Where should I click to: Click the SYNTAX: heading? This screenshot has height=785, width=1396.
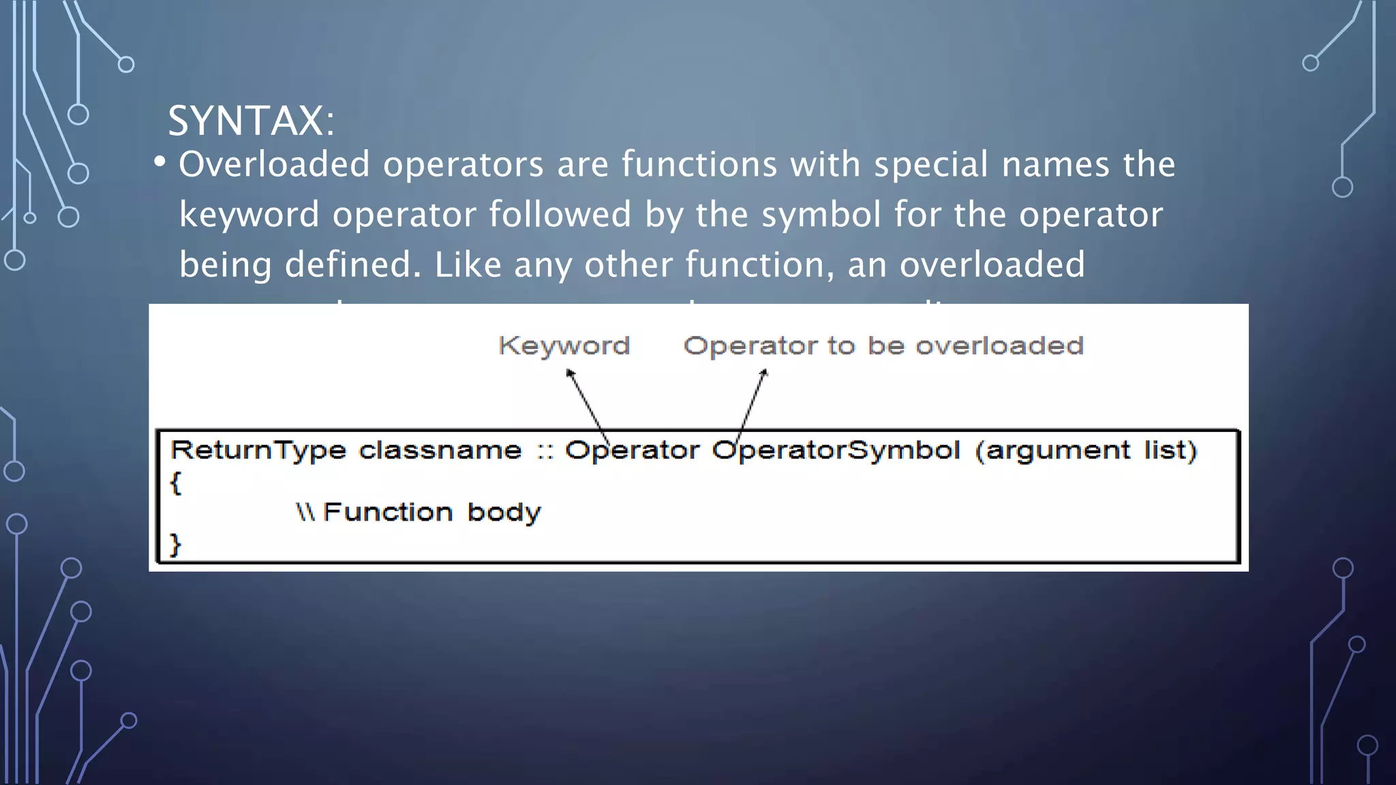pos(251,121)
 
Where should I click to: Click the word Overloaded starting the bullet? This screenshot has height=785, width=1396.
pos(274,164)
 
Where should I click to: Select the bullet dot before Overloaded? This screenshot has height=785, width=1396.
pos(160,162)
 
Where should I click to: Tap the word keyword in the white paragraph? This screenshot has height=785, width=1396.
pos(249,215)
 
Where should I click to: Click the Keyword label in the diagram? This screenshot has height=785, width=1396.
pos(564,345)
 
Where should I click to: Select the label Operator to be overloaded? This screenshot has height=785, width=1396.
pos(883,345)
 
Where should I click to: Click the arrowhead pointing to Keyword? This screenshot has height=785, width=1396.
pos(570,373)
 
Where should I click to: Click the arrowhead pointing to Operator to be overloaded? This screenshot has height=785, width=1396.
pos(764,373)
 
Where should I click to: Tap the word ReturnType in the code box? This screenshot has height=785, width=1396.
pos(258,450)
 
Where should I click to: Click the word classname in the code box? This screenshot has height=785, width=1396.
pos(440,450)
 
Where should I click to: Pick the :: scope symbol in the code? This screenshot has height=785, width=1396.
pos(544,451)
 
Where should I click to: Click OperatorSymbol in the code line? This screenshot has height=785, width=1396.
pos(836,450)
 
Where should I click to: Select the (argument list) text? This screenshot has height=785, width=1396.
pos(1086,450)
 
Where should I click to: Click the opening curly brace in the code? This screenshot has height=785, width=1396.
pos(175,482)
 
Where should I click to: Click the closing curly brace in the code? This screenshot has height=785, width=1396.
pos(175,544)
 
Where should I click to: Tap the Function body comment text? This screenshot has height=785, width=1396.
pos(431,512)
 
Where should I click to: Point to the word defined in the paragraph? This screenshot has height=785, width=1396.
pos(353,264)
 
